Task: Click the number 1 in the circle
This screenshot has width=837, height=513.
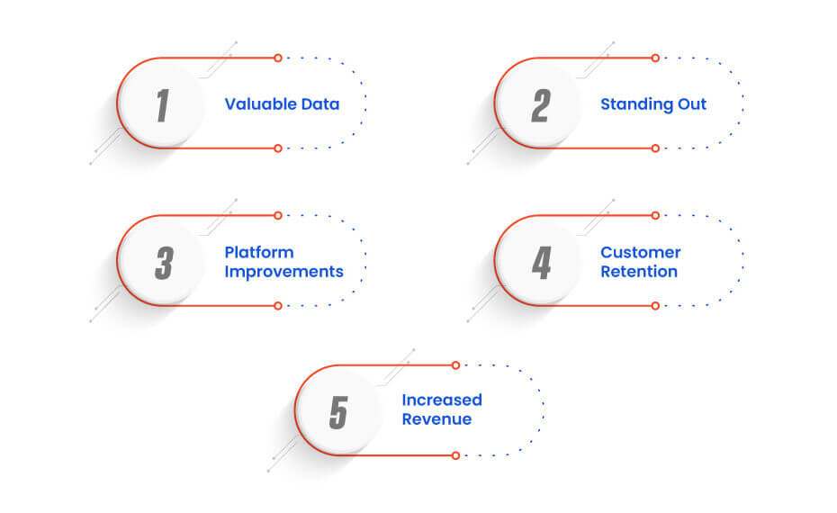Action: pyautogui.click(x=163, y=105)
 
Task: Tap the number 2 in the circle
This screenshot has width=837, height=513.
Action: pyautogui.click(x=541, y=105)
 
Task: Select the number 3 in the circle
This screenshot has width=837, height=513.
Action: pyautogui.click(x=165, y=263)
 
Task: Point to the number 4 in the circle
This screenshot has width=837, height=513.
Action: pyautogui.click(x=541, y=263)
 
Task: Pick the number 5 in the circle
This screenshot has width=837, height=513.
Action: pyautogui.click(x=339, y=412)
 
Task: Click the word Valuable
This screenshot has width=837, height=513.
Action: pyautogui.click(x=260, y=104)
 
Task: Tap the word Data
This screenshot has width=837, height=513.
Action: pyautogui.click(x=320, y=104)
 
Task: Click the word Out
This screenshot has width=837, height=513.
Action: pyautogui.click(x=692, y=104)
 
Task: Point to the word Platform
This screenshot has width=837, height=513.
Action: pyautogui.click(x=259, y=252)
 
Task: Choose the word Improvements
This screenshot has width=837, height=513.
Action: pyautogui.click(x=284, y=272)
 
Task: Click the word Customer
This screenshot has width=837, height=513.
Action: pyautogui.click(x=641, y=252)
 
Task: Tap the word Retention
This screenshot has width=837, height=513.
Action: pyautogui.click(x=639, y=272)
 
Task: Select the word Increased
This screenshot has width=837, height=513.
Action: pyautogui.click(x=442, y=400)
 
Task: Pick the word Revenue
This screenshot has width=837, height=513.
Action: pyautogui.click(x=436, y=419)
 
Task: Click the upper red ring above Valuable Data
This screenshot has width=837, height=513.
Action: pyautogui.click(x=277, y=58)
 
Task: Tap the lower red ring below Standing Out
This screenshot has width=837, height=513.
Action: pyautogui.click(x=655, y=148)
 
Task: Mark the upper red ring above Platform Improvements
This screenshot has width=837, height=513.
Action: pyautogui.click(x=277, y=215)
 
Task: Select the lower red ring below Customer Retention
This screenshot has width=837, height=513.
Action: pyautogui.click(x=655, y=306)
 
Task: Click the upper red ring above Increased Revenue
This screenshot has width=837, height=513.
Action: pyautogui.click(x=455, y=365)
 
